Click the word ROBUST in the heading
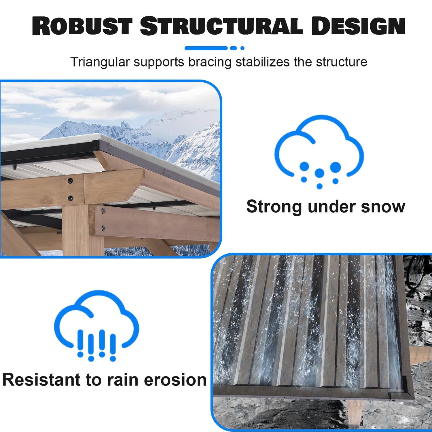click(82, 26)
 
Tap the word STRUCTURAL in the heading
click(221, 26)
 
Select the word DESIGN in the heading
click(358, 26)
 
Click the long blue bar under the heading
click(206, 48)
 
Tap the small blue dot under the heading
click(242, 48)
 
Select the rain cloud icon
click(97, 325)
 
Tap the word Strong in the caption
click(274, 207)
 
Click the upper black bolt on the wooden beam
click(70, 181)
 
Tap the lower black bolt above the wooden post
click(70, 198)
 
